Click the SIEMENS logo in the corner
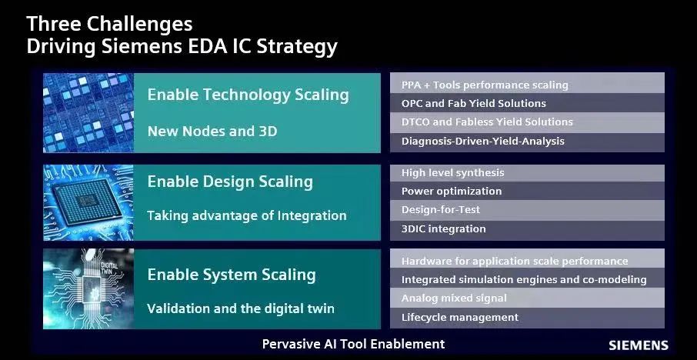(x=639, y=345)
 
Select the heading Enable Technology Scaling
(x=248, y=95)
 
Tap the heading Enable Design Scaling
(x=230, y=182)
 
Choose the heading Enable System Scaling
(x=232, y=275)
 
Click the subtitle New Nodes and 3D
(x=212, y=131)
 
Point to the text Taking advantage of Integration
(x=247, y=216)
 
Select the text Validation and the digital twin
(x=241, y=308)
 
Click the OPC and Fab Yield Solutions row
(x=527, y=103)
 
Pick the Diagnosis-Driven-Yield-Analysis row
(x=527, y=142)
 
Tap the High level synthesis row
(x=527, y=173)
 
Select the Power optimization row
(x=527, y=191)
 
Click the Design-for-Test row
(x=527, y=210)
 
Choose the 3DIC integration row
(x=527, y=230)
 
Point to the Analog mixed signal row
(x=527, y=298)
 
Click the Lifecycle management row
(x=527, y=318)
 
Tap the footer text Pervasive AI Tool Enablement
(x=353, y=344)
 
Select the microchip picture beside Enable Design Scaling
(x=88, y=202)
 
